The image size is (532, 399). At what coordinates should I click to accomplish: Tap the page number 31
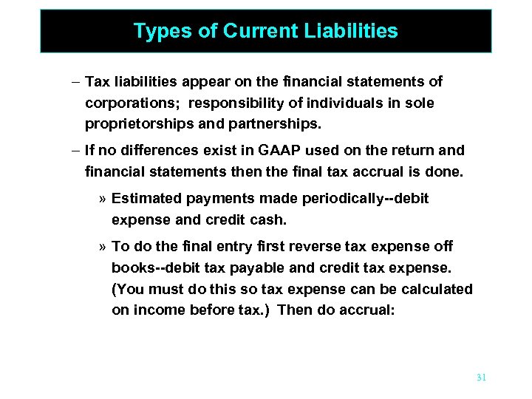[481, 378]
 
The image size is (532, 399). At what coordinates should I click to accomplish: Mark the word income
[155, 310]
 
